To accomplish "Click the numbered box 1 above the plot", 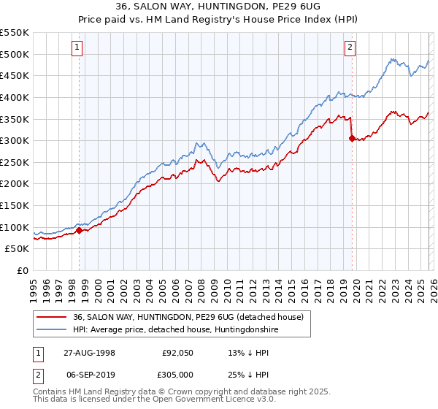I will pyautogui.click(x=77, y=48).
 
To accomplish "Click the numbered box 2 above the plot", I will pyautogui.click(x=350, y=48).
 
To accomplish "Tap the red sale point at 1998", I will pyautogui.click(x=80, y=231).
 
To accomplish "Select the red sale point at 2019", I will pyautogui.click(x=352, y=138).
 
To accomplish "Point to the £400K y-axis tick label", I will pyautogui.click(x=14, y=97).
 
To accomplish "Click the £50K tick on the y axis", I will pyautogui.click(x=16, y=249).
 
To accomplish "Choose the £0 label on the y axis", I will pyautogui.click(x=23, y=271).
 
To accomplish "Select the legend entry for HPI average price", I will pyautogui.click(x=175, y=330).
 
